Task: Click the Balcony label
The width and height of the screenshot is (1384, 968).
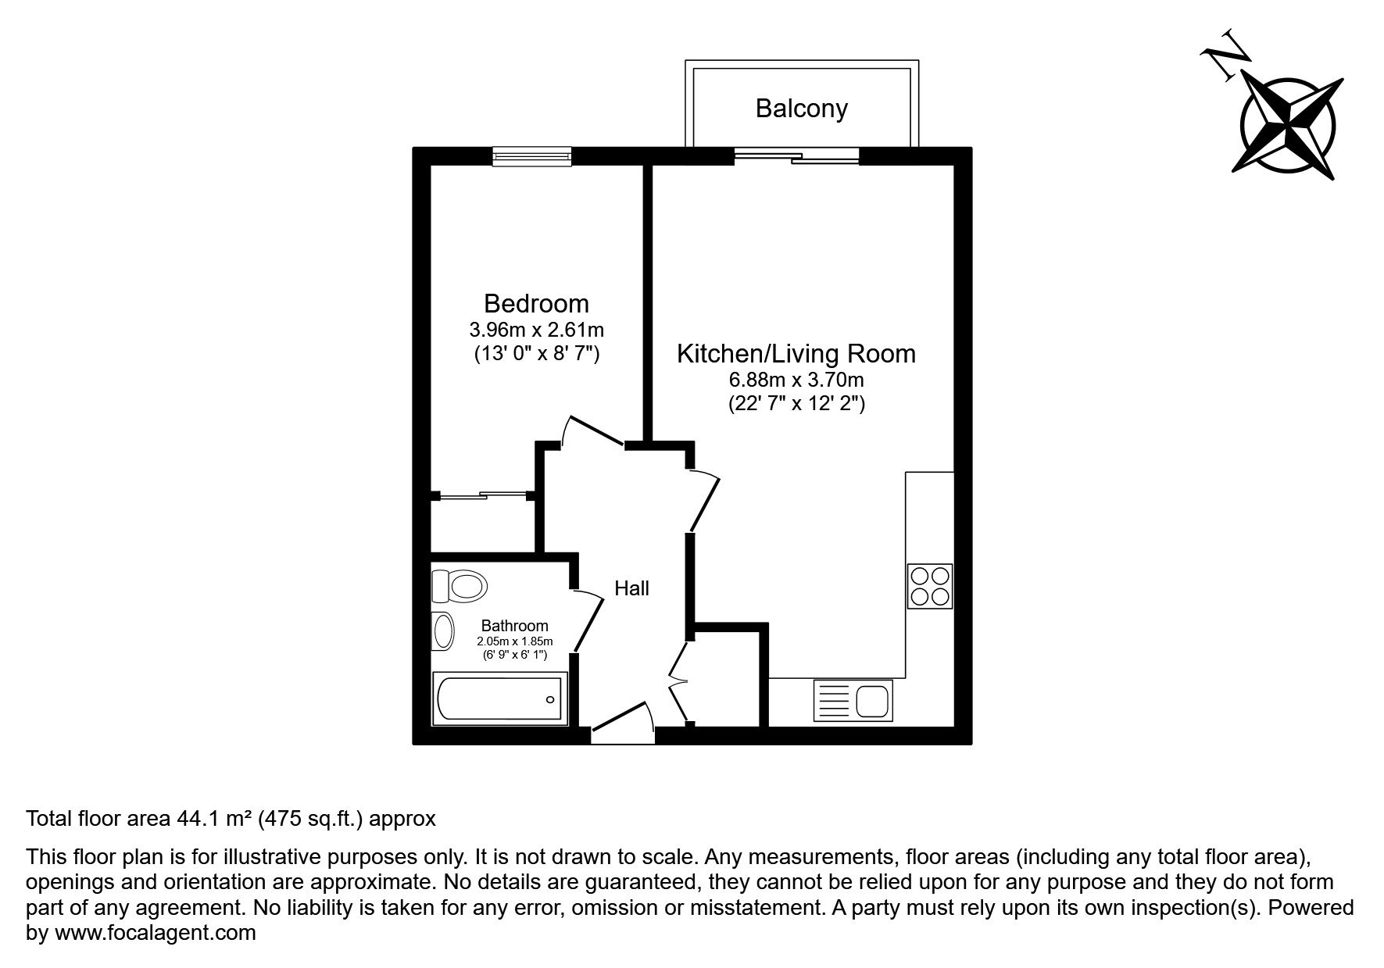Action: coord(801,109)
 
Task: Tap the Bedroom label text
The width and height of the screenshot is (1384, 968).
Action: coord(536,303)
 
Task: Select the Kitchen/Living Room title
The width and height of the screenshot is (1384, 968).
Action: coord(796,354)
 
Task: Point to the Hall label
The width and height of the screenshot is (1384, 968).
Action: coord(631,588)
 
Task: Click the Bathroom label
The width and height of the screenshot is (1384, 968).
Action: coord(514,626)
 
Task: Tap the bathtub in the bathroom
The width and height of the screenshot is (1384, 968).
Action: coord(499,698)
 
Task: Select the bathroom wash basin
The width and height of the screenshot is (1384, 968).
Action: coord(443,631)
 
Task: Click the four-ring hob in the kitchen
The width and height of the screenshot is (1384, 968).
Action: coord(930,586)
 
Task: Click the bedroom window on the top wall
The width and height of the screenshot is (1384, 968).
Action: coord(532,157)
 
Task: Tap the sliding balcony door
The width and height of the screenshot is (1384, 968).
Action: coord(796,157)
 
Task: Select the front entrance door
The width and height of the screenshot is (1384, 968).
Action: coord(623,723)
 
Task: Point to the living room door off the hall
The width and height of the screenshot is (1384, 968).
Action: coord(706,501)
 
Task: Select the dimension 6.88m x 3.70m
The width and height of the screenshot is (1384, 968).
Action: coord(796,380)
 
